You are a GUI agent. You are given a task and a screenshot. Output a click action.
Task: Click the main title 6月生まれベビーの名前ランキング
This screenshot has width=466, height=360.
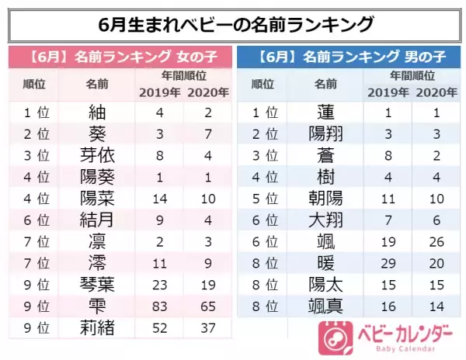pyautogui.click(x=233, y=23)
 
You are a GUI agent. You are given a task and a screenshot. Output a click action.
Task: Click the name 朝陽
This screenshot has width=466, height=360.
pyautogui.click(x=325, y=198)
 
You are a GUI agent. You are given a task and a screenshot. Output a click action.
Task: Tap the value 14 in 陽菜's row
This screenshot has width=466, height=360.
pyautogui.click(x=160, y=198)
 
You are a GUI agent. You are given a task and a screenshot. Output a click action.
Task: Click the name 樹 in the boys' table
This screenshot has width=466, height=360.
pyautogui.click(x=325, y=177)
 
